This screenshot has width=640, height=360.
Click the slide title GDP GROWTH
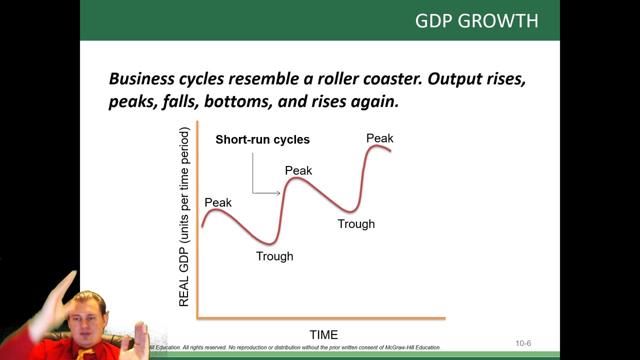pos(476,20)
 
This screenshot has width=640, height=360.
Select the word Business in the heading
pos(141,79)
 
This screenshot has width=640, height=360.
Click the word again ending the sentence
pos(375,101)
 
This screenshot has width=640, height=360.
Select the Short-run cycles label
pos(262,139)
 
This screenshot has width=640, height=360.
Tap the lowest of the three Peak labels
pos(218,202)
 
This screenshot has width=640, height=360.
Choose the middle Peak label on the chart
pos(298,170)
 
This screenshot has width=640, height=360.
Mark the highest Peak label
pos(379,138)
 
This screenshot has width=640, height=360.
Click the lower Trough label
pos(274,256)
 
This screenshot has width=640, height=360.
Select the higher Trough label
pos(356,224)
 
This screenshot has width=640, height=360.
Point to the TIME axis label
pos(323,334)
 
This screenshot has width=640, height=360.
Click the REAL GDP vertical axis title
pos(184,216)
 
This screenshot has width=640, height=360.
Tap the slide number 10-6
pos(523,343)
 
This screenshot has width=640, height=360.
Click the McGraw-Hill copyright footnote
pos(295,347)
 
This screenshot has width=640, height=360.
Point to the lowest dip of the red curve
pos(270,243)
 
